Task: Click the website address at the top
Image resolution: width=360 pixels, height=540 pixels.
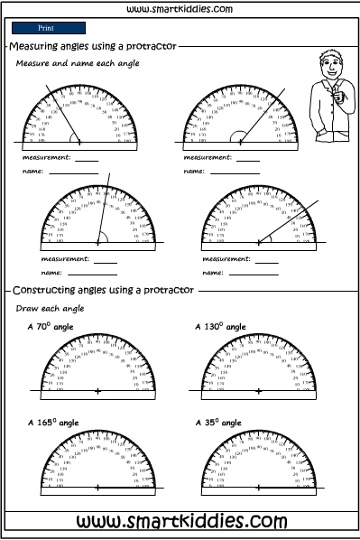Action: (x=180, y=9)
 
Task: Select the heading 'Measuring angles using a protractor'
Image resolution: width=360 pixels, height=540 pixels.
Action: (x=93, y=46)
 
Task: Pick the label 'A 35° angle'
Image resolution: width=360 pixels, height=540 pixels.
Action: (x=219, y=422)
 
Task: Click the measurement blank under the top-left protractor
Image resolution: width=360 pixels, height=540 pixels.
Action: (x=87, y=159)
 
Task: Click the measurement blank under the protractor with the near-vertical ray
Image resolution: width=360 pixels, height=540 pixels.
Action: (x=106, y=261)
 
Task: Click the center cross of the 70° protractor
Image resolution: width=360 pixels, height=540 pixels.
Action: (x=97, y=391)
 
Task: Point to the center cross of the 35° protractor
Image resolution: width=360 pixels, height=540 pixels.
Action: (x=262, y=488)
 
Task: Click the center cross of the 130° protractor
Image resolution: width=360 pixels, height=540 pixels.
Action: (x=262, y=391)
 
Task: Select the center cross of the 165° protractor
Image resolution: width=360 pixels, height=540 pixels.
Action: (x=97, y=488)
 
